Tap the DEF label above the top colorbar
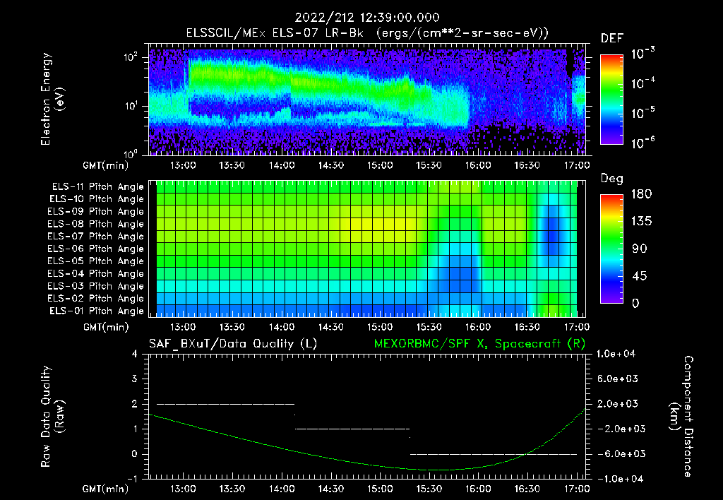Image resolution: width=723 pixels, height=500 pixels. [611, 38]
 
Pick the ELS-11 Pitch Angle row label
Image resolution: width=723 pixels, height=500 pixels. [97, 187]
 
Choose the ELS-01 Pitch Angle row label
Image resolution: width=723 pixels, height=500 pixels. [97, 311]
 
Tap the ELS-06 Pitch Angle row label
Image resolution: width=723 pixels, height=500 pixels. [97, 249]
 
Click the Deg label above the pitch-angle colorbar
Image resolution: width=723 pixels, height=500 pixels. [611, 179]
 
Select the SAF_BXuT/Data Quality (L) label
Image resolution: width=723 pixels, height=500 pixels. [232, 343]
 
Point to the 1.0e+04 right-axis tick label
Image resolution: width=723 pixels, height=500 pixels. [619, 354]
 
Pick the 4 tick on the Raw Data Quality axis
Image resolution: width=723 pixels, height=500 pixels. [136, 354]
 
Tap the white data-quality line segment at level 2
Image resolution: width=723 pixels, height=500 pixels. [225, 404]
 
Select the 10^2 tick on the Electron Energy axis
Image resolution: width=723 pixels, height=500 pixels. [131, 57]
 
